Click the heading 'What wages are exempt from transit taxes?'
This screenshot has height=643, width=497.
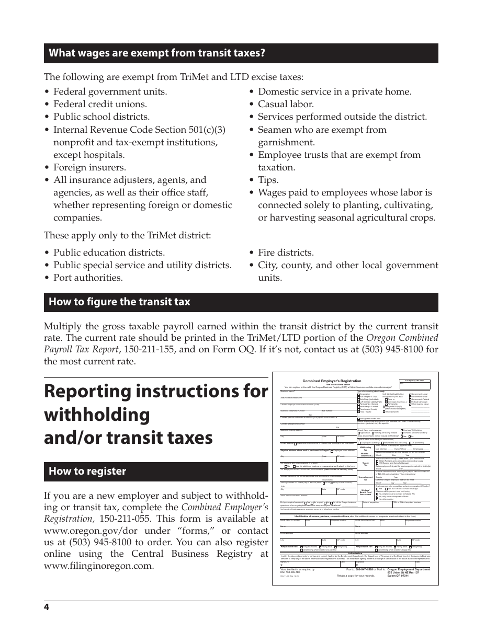coord(157,53)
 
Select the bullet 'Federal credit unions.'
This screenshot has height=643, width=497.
coord(100,104)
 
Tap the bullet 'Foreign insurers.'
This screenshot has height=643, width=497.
coord(89,167)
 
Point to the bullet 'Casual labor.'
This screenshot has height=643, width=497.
coord(286,104)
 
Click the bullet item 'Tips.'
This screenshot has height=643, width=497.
coord(268,180)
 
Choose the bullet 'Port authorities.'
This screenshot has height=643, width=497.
coord(88,278)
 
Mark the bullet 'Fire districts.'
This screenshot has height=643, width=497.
coord(286,252)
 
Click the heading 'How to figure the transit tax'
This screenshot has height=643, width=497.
coord(119,302)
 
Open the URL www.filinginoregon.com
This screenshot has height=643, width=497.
coord(99,566)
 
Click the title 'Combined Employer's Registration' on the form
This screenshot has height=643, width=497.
coord(332,381)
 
